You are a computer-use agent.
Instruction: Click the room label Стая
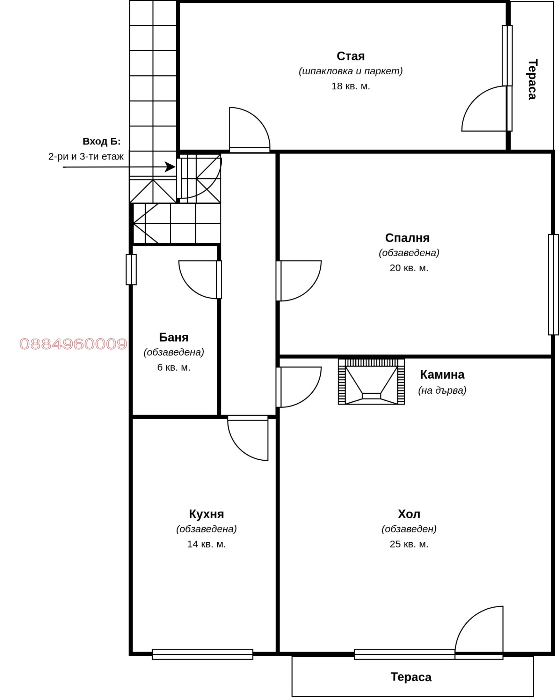pyautogui.click(x=350, y=56)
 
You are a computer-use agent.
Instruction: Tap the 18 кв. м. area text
pyautogui.click(x=350, y=86)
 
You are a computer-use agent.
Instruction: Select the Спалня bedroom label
pyautogui.click(x=407, y=238)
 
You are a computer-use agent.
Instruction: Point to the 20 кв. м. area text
pyautogui.click(x=409, y=268)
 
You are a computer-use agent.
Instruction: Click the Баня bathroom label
pyautogui.click(x=174, y=337)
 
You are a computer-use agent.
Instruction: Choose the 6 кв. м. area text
pyautogui.click(x=174, y=367)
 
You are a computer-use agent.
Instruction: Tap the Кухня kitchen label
pyautogui.click(x=206, y=514)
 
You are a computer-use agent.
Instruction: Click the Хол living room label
pyautogui.click(x=409, y=514)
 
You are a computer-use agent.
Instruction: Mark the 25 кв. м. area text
pyautogui.click(x=409, y=544)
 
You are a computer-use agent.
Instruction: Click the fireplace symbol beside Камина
pyautogui.click(x=371, y=381)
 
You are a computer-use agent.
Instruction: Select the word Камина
pyautogui.click(x=442, y=374)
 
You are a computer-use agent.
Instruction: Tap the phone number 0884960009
pyautogui.click(x=73, y=344)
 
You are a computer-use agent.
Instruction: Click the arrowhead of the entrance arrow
pyautogui.click(x=170, y=167)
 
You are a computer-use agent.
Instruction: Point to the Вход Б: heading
pyautogui.click(x=101, y=141)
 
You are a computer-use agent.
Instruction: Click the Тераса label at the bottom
pyautogui.click(x=411, y=677)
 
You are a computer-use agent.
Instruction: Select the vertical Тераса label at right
pyautogui.click(x=532, y=80)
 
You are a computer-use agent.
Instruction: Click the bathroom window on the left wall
pyautogui.click(x=131, y=269)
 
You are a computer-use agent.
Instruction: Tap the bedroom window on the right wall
pyautogui.click(x=553, y=284)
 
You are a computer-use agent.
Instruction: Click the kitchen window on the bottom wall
pyautogui.click(x=202, y=654)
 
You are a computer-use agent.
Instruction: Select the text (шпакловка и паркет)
pyautogui.click(x=350, y=71)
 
